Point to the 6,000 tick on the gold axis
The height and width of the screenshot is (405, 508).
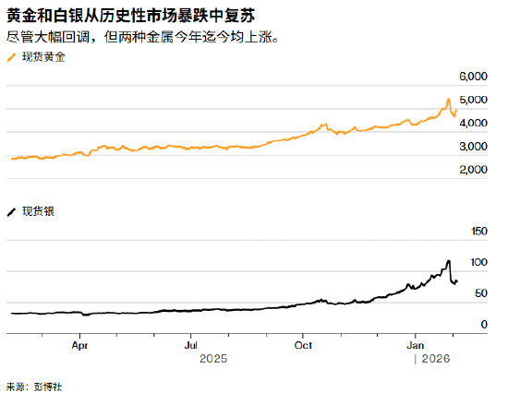point(472,76)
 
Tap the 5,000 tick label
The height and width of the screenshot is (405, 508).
point(472,100)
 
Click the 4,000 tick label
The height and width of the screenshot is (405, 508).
point(472,123)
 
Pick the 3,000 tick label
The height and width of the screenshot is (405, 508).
point(472,147)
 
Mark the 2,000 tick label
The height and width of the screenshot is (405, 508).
point(472,171)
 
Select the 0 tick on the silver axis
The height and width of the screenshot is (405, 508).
point(482,325)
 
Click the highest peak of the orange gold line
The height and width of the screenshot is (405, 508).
point(448,99)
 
